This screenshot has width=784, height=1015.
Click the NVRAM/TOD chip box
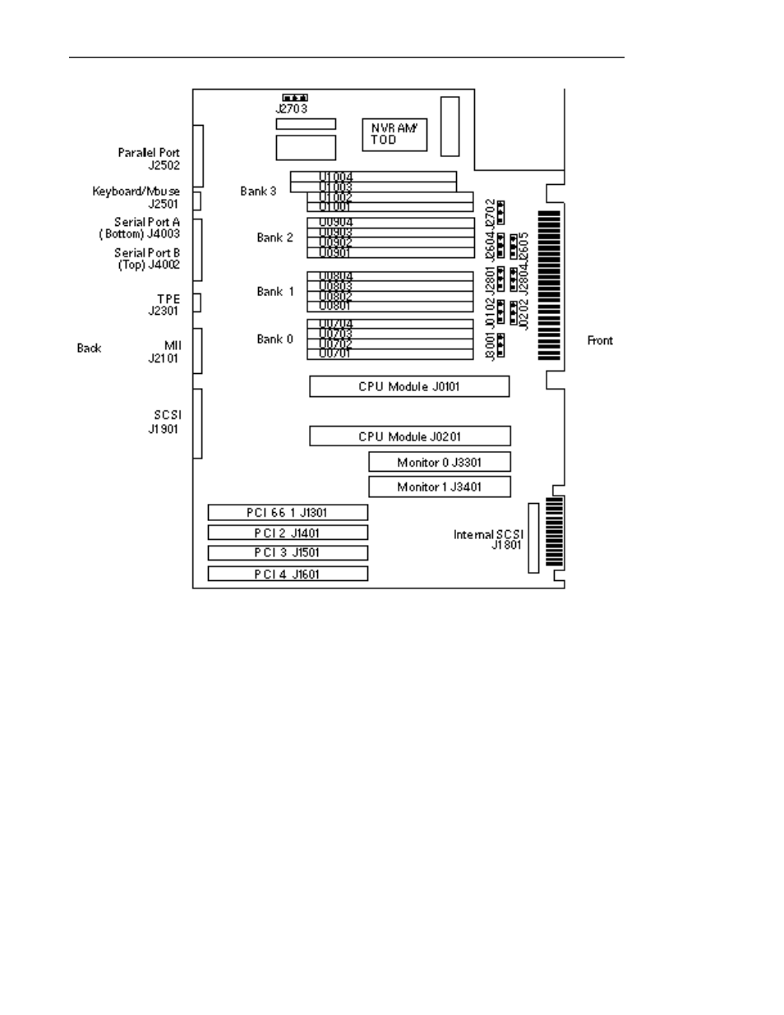(x=394, y=134)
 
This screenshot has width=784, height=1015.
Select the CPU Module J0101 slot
(x=409, y=386)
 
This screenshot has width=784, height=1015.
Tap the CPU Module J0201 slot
(x=409, y=436)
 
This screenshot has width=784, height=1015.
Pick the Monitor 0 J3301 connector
(x=439, y=462)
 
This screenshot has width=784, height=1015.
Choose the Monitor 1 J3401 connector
(x=439, y=487)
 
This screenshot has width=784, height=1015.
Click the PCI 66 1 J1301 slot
(x=287, y=513)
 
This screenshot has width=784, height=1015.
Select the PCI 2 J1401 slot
(x=287, y=533)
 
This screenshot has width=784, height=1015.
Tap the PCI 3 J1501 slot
(x=287, y=553)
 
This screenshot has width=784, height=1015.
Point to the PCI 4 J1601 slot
(x=287, y=574)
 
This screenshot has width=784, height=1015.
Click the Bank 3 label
(x=258, y=191)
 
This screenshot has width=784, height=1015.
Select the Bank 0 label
(x=274, y=339)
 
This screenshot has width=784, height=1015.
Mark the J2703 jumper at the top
(x=294, y=98)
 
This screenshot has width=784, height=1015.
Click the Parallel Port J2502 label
(x=149, y=159)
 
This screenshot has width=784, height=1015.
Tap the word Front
(x=600, y=340)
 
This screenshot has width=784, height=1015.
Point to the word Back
(x=89, y=348)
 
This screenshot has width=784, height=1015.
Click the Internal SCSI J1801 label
(x=489, y=539)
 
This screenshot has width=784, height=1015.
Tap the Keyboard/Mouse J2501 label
(x=136, y=197)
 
